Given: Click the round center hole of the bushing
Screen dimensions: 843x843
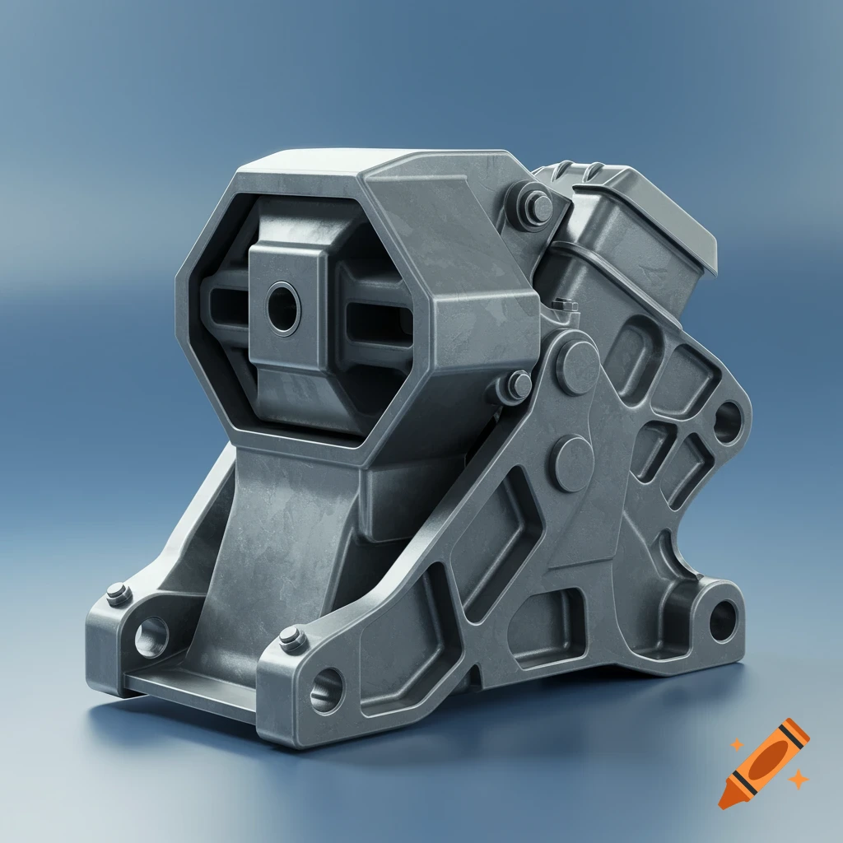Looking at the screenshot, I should click(x=283, y=309).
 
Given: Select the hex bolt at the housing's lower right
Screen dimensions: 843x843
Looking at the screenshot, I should click(x=516, y=384).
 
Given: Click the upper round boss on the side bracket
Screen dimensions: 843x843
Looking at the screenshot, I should click(x=577, y=365).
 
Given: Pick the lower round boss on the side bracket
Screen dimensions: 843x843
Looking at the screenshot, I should click(x=571, y=463).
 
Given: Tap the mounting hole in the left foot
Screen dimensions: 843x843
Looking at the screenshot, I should click(x=151, y=636).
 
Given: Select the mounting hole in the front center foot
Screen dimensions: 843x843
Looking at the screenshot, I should click(x=327, y=687).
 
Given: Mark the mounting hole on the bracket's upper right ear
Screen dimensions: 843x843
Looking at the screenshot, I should click(x=726, y=422).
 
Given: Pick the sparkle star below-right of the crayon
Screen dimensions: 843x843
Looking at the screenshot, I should click(x=796, y=779).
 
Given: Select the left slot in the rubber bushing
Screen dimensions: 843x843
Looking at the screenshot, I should click(x=226, y=311).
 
